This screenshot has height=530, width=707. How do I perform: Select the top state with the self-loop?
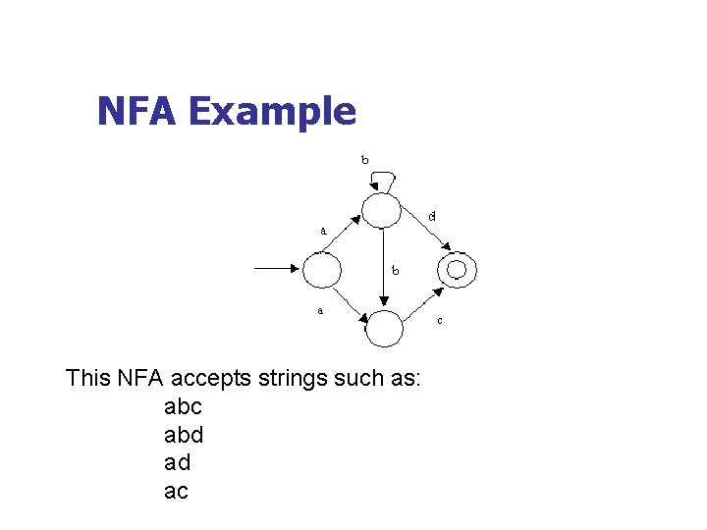382,210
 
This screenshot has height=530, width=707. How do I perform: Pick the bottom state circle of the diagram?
385,328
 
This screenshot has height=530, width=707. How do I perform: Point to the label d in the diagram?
432,216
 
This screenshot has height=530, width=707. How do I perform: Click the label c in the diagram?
439,321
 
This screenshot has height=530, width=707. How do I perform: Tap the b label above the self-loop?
365,159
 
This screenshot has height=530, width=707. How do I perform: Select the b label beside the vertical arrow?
395,269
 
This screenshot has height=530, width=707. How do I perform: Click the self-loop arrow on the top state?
383,178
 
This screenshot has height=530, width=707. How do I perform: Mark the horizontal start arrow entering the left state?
277,267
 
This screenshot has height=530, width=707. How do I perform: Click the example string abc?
183,406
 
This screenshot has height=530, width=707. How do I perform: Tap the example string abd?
184,434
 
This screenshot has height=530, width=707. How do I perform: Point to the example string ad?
177,462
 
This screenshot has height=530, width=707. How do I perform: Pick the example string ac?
176,491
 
